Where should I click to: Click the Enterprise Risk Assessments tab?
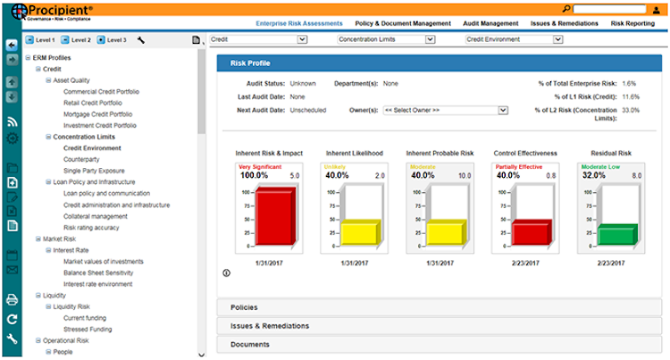[299, 23]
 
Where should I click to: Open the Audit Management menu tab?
[491, 23]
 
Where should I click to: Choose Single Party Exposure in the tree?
[93, 170]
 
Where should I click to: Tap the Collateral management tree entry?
[95, 215]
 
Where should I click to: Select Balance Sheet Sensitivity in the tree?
[99, 272]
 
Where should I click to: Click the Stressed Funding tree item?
[88, 329]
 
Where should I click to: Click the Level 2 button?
[76, 40]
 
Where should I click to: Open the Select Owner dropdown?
[444, 110]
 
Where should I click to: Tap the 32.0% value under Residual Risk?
[593, 176]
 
